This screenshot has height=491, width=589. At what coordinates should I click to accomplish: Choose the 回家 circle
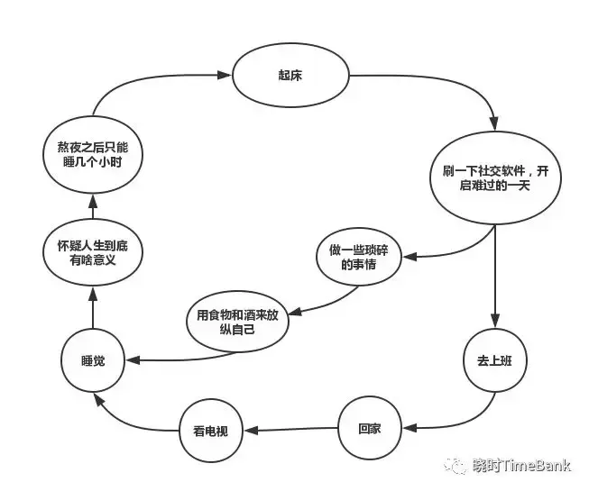[369, 429]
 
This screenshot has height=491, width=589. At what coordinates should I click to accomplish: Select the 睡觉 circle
[94, 360]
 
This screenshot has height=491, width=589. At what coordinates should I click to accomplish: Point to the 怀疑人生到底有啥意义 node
[94, 252]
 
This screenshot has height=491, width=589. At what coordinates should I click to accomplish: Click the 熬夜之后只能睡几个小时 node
[94, 154]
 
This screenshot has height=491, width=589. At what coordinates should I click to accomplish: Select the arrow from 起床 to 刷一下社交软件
[451, 90]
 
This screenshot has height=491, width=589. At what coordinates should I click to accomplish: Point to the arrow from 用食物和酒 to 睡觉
[180, 359]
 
